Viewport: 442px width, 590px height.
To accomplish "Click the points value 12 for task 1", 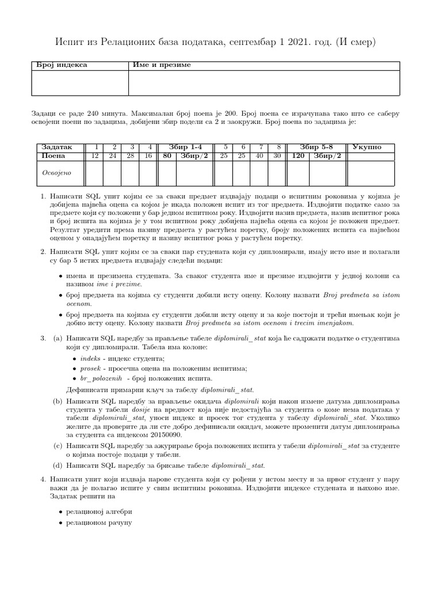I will pos(96,156).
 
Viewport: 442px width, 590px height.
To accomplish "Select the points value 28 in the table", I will pos(131,156).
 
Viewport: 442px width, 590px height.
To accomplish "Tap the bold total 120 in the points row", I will pos(298,156).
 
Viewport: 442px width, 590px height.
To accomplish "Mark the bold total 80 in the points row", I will pos(167,156).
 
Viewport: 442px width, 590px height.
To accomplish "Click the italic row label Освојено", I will pos(56,172).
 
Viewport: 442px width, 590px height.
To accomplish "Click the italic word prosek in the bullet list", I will pos(90,368).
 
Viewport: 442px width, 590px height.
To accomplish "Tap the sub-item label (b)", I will pos(58,400).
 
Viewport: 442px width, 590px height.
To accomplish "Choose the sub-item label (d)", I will pos(58,465).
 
